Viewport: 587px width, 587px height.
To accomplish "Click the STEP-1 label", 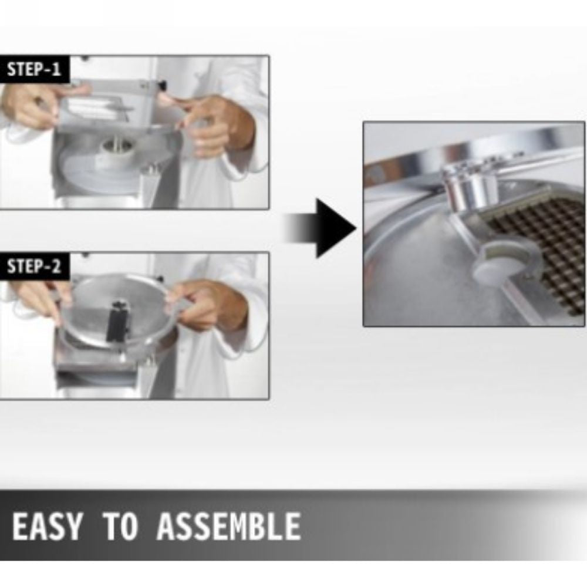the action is click(x=33, y=69).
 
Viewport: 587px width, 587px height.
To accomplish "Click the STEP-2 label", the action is click(x=33, y=266).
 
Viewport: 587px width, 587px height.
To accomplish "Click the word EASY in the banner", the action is click(x=47, y=526).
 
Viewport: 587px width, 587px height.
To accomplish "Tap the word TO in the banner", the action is click(x=120, y=526).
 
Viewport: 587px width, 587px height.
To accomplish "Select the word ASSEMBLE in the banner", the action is click(x=229, y=526).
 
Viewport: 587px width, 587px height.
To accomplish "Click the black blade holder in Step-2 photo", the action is click(x=118, y=321).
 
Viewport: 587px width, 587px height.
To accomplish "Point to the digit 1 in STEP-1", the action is click(x=56, y=69).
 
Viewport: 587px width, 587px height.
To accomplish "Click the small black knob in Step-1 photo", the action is click(x=162, y=85).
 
